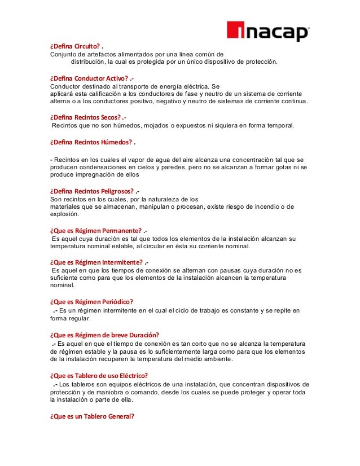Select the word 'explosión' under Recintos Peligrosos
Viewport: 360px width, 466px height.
click(64, 214)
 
